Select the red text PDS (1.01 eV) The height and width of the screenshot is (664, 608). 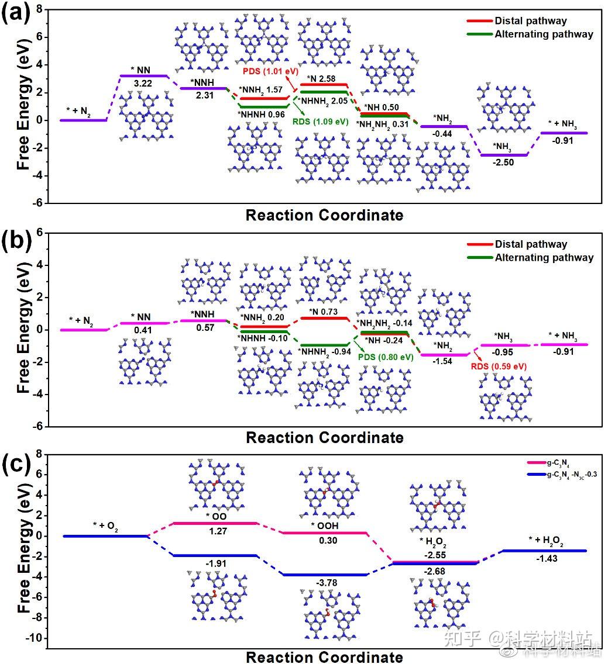pos(266,71)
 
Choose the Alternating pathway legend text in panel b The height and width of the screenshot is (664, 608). pos(544,258)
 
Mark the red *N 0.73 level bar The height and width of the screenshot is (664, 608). pos(324,318)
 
